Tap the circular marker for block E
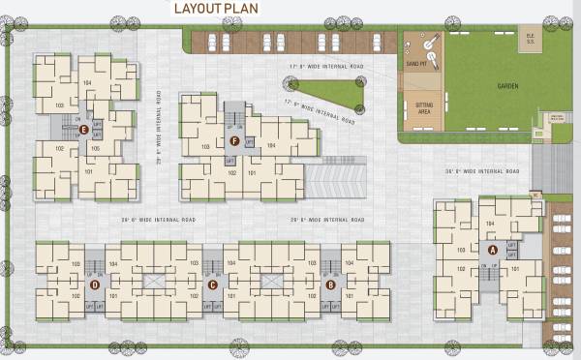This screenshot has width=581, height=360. tap(83, 129)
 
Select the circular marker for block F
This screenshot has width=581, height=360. tap(235, 140)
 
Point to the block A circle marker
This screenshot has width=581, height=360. tap(493, 249)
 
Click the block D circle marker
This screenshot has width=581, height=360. tap(94, 285)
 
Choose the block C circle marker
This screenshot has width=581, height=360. tap(212, 285)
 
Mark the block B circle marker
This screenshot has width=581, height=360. tap(331, 285)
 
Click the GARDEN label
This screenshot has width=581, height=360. tap(507, 86)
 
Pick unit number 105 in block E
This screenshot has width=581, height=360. tap(95, 149)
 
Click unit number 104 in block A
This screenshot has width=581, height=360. tap(490, 224)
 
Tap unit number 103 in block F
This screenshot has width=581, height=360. tap(204, 147)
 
